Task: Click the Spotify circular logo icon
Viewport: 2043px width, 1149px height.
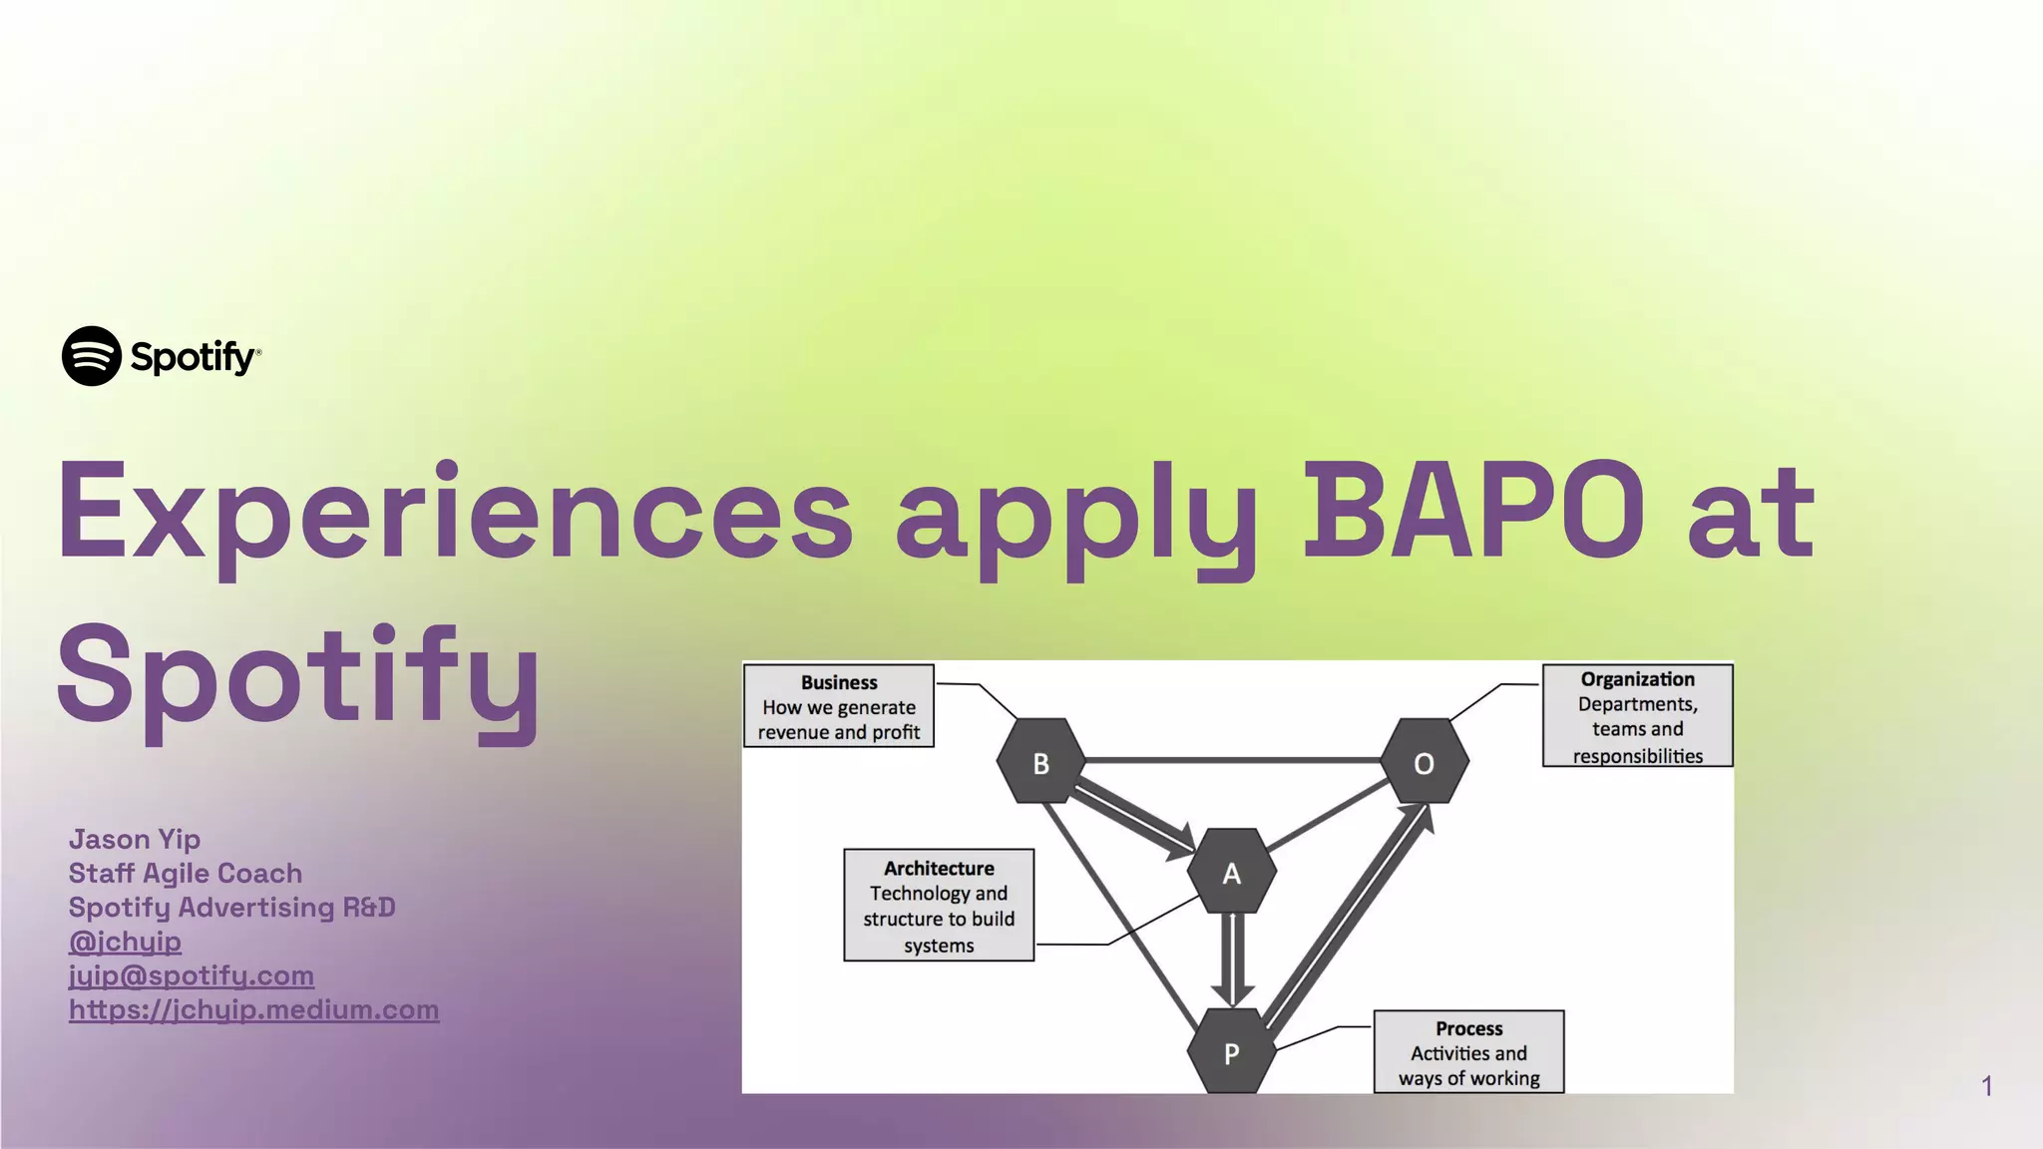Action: [x=92, y=356]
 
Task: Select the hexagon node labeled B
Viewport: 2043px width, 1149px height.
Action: [x=1040, y=762]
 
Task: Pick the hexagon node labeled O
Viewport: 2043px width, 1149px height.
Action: [x=1424, y=762]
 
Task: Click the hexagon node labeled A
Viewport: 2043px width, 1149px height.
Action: [x=1231, y=873]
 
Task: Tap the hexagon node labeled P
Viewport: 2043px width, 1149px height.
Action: [x=1231, y=1052]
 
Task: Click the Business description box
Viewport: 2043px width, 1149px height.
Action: [x=838, y=706]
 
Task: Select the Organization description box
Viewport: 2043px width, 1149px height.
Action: [x=1637, y=716]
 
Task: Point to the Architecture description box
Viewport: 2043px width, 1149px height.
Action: [x=938, y=906]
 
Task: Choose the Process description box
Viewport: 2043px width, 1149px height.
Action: [x=1468, y=1052]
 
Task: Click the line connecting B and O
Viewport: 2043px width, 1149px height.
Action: [x=1232, y=760]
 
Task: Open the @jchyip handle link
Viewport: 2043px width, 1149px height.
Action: [x=125, y=942]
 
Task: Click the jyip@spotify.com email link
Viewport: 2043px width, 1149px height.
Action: [x=191, y=975]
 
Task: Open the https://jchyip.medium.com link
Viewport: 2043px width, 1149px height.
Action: [x=253, y=1009]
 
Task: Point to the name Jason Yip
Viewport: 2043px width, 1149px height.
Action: [x=135, y=840]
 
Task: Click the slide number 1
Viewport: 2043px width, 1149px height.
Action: [x=1986, y=1086]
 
